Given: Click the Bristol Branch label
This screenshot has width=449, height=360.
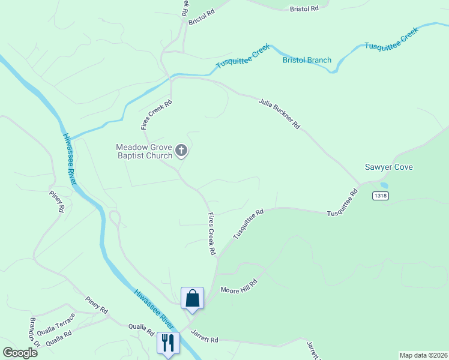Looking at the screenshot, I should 307,60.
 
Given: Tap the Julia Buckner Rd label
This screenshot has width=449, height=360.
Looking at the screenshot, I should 279,113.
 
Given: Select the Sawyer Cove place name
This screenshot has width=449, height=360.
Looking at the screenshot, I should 389,167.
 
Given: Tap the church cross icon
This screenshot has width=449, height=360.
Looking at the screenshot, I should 182,152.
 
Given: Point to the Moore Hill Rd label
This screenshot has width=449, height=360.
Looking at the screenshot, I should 238,285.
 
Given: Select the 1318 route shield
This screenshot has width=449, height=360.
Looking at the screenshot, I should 380,196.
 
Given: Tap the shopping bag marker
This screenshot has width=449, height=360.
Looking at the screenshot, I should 192,298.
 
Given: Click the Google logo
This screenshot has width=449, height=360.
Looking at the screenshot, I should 20,352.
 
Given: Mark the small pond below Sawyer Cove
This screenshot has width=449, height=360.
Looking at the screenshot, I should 384,185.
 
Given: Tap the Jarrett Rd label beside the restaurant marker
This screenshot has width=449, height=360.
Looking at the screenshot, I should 204,336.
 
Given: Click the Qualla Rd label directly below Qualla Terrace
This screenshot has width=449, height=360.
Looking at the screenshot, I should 59,337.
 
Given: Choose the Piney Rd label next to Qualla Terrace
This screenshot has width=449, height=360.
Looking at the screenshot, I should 96,305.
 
